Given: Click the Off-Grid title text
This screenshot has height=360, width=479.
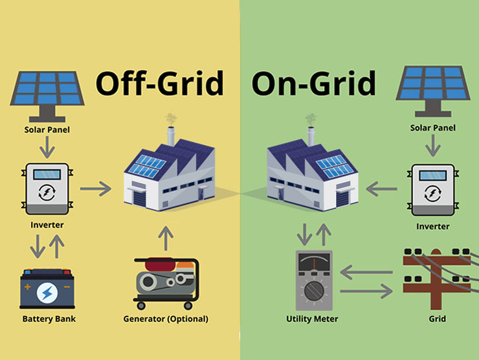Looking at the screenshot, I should click(159, 84).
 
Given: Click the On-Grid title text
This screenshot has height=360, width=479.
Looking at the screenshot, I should click(313, 84).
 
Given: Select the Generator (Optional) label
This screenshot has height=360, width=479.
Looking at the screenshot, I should click(166, 319).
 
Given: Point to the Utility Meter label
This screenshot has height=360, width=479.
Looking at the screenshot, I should click(312, 319).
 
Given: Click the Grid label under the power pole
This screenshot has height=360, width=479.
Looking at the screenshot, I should click(436, 319).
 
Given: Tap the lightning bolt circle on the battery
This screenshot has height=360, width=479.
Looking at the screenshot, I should click(47, 293).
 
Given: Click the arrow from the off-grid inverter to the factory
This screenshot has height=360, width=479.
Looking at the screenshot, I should click(96, 189).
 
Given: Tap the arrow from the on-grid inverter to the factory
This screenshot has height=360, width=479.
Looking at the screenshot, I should click(382, 189).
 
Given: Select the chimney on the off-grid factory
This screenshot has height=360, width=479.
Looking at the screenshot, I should click(172, 135).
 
